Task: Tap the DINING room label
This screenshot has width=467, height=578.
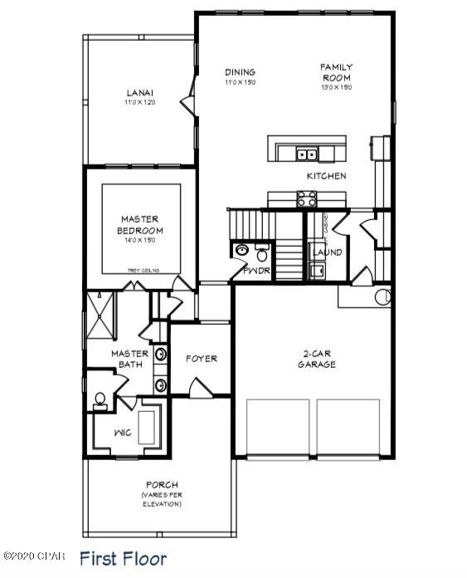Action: coord(240,72)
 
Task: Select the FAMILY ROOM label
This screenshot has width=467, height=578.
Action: coord(337,72)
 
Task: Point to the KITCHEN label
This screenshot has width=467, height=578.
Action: coord(326,176)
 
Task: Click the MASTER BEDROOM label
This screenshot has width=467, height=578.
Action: coord(141,224)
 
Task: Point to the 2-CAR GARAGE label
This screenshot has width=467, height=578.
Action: coord(317,359)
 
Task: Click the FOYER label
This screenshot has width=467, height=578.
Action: coord(201,359)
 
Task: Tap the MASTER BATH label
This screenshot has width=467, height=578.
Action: coord(130,359)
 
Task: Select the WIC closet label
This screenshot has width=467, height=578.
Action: coord(123,432)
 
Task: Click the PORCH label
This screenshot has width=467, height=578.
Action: coord(162,485)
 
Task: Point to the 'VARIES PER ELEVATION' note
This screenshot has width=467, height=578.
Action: coord(162,500)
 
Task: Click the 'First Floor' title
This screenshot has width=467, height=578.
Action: coord(123,559)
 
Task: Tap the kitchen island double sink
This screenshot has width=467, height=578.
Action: coord(306,153)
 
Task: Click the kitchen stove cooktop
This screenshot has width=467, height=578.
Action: coord(306,198)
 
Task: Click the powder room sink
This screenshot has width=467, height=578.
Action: coord(242,251)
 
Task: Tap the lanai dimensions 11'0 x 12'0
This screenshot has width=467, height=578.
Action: coord(139,102)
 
